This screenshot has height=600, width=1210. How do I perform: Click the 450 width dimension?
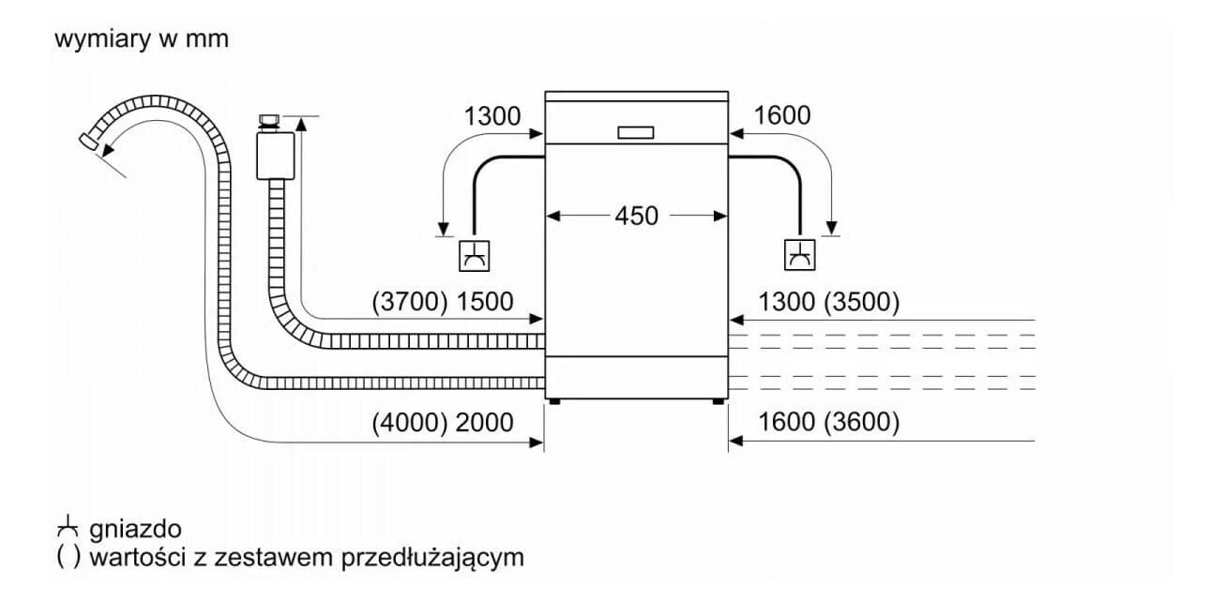click(636, 216)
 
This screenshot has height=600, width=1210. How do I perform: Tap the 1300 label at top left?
click(492, 116)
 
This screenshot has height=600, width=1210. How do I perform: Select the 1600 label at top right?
click(781, 115)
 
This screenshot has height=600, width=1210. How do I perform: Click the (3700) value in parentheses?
click(410, 301)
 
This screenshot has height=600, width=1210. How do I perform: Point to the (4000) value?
click(410, 422)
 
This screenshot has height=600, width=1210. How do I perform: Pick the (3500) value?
click(862, 301)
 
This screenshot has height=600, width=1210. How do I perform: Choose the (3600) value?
click(862, 422)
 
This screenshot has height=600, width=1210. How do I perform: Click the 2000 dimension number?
click(485, 422)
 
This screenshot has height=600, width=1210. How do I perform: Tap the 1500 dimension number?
click(485, 301)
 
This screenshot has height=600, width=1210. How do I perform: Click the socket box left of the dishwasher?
click(475, 256)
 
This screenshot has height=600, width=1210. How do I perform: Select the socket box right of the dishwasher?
click(800, 255)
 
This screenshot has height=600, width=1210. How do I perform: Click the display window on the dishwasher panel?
click(636, 132)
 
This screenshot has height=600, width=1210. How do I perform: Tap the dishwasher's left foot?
click(553, 402)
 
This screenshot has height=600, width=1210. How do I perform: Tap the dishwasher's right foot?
click(718, 402)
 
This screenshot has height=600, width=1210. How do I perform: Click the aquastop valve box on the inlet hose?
click(276, 156)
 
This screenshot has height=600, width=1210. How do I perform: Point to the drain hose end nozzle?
click(88, 141)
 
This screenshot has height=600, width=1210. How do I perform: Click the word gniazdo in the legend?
click(136, 529)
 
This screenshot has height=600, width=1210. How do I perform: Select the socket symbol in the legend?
click(68, 527)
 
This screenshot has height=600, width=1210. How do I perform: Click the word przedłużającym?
click(432, 557)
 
